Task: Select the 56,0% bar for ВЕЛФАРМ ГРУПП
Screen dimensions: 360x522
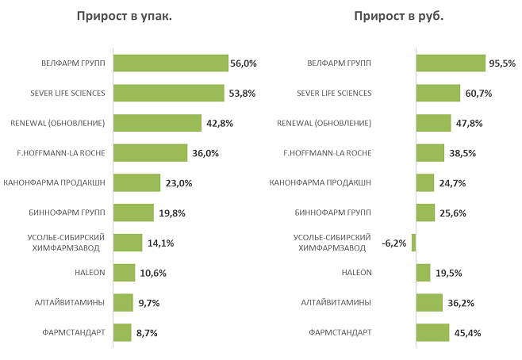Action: [x=171, y=63]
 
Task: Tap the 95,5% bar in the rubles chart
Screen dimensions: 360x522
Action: [x=451, y=63]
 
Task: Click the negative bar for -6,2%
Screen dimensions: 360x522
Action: [x=413, y=243]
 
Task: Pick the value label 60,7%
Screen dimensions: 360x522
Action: [x=478, y=94]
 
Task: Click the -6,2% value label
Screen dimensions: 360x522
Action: [x=393, y=243]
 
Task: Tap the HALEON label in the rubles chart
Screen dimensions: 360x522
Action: [x=356, y=273]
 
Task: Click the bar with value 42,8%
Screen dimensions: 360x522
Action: [x=157, y=123]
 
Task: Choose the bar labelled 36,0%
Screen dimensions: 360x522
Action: [x=150, y=153]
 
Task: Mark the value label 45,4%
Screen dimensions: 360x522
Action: [x=467, y=332]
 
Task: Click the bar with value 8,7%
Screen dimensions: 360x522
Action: [x=122, y=332]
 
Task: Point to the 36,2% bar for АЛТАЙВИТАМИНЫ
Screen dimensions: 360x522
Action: [x=429, y=302]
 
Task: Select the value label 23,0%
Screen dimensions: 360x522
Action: [x=178, y=183]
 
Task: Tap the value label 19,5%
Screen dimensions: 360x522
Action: [x=448, y=273]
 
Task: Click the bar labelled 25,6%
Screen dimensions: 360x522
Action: [x=425, y=213]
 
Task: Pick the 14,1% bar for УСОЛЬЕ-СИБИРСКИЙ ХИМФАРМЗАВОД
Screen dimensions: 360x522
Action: [x=128, y=243]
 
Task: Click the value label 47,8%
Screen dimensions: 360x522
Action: [x=469, y=123]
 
